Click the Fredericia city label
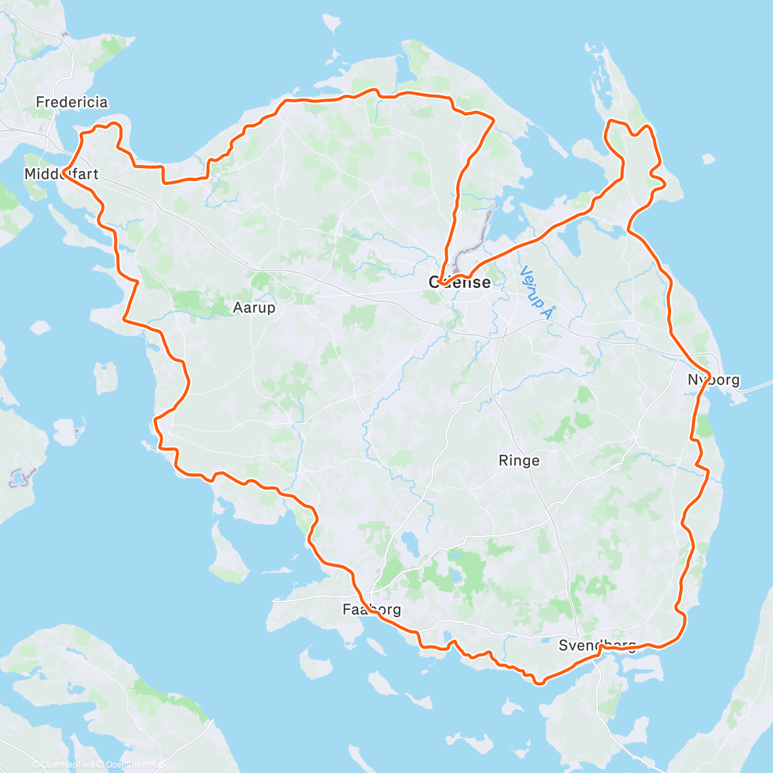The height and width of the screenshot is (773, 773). point(72,102)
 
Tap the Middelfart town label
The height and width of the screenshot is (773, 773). point(61,174)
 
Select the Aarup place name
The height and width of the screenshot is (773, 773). point(254,308)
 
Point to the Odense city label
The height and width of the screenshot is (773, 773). point(459,282)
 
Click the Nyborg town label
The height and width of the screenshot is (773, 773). point(714,380)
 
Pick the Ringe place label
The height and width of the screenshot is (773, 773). point(519,461)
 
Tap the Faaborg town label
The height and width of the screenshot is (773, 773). point(372,609)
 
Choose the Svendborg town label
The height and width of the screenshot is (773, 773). point(597,645)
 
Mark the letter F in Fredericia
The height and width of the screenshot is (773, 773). point(40,102)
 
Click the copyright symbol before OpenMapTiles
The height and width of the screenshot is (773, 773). point(37,765)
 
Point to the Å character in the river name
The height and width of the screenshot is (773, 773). point(548,312)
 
